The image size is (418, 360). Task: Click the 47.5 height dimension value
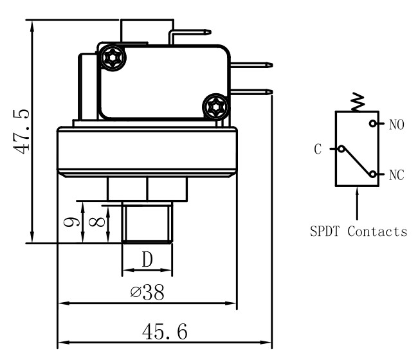[21, 132]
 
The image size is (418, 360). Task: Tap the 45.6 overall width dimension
[165, 332]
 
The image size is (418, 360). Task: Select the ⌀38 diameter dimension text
[147, 292]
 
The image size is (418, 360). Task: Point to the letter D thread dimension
[147, 259]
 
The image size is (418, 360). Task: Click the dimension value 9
[71, 222]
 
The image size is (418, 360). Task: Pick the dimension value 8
[96, 222]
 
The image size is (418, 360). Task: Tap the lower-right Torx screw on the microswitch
[215, 107]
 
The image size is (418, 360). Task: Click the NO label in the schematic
[396, 125]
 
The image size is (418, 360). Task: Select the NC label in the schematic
[396, 175]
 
